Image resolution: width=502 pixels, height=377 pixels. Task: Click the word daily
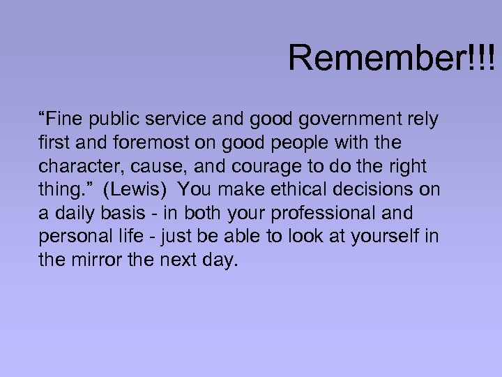pyautogui.click(x=72, y=213)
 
